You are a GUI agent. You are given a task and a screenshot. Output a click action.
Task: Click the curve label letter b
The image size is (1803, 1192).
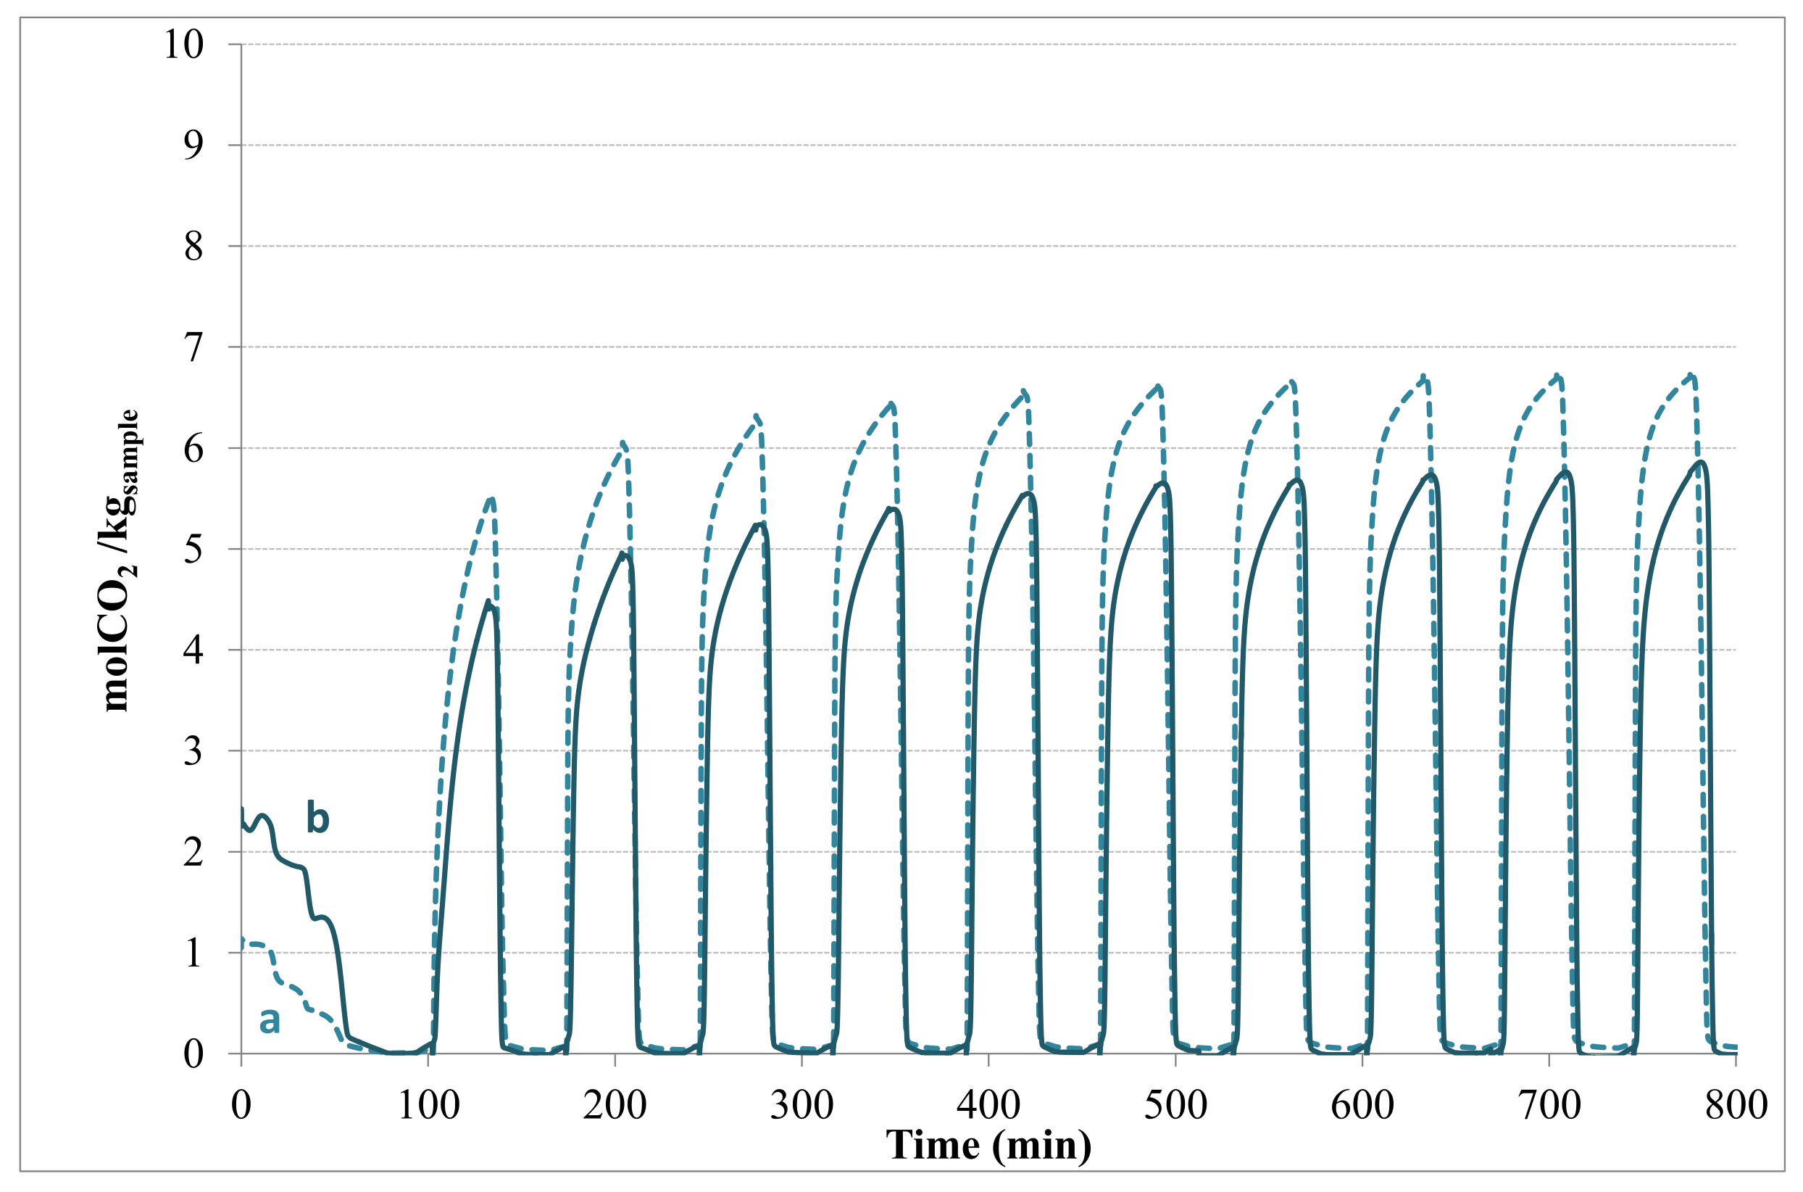317,819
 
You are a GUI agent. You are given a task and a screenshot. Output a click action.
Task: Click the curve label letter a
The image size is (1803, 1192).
269,1020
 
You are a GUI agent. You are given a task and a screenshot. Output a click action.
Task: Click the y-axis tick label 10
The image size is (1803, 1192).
184,44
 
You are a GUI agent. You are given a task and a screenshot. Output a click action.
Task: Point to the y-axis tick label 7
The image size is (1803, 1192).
193,347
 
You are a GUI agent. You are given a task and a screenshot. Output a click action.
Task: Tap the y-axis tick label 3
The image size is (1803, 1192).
193,751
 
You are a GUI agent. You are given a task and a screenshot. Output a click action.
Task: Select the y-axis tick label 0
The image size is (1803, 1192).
193,1054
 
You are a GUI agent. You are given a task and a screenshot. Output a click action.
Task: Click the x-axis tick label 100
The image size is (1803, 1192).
428,1105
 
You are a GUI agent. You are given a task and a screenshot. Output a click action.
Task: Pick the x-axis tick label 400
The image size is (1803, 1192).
988,1105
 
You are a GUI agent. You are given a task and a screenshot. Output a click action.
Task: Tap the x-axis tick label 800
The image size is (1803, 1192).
1736,1105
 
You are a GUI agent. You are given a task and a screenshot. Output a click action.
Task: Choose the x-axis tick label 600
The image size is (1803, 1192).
1362,1105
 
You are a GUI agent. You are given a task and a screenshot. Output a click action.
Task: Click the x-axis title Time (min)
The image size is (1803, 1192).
988,1145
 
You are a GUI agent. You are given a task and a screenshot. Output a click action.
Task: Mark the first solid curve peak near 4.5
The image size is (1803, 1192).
488,601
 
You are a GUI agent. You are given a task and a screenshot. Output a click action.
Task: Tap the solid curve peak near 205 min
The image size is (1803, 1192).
622,552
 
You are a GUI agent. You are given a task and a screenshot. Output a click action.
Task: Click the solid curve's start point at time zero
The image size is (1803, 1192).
241,809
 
